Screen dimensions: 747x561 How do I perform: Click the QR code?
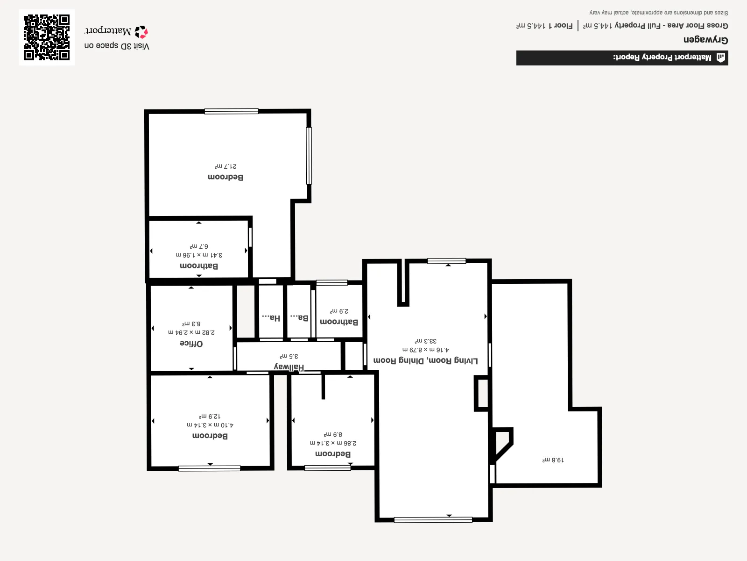click(x=47, y=37)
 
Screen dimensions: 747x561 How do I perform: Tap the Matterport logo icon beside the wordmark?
click(x=141, y=32)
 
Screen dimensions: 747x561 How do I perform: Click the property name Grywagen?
click(x=705, y=40)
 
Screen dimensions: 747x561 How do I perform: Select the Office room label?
click(x=191, y=343)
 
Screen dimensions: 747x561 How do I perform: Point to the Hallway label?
click(x=289, y=367)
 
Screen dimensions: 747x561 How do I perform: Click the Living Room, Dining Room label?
click(x=425, y=361)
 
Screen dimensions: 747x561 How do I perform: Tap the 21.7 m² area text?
click(x=226, y=166)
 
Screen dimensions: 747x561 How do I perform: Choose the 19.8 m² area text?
click(x=553, y=460)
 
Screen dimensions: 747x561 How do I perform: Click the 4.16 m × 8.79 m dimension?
click(x=425, y=350)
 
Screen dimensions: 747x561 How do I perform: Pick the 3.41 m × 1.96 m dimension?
click(x=199, y=255)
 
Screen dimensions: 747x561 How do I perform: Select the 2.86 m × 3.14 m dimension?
click(x=333, y=443)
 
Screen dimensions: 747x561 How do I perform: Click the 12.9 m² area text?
click(x=210, y=416)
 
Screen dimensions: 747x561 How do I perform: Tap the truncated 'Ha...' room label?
click(x=271, y=317)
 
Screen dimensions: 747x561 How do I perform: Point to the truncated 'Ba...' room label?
click(x=299, y=317)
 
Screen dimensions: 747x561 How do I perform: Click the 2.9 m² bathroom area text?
click(x=339, y=311)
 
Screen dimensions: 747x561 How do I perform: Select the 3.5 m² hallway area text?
click(x=289, y=356)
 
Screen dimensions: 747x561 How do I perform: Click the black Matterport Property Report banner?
click(x=622, y=58)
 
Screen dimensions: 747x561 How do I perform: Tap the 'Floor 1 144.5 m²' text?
click(x=544, y=26)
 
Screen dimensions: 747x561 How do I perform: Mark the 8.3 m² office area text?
click(x=191, y=323)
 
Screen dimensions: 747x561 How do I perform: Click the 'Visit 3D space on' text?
click(x=117, y=46)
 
